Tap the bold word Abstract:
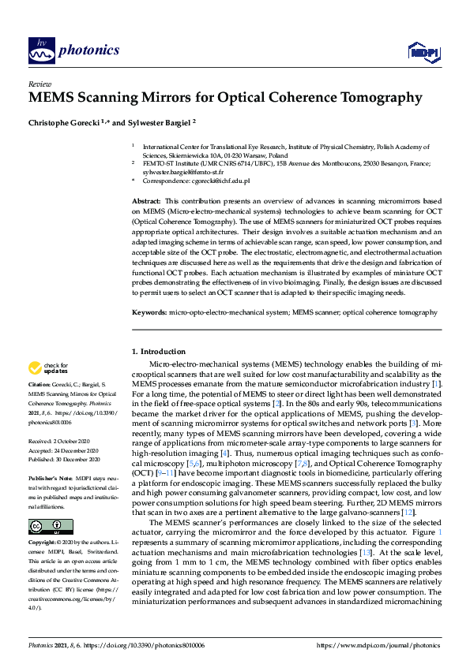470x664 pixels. point(147,202)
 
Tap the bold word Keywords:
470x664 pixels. point(149,312)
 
